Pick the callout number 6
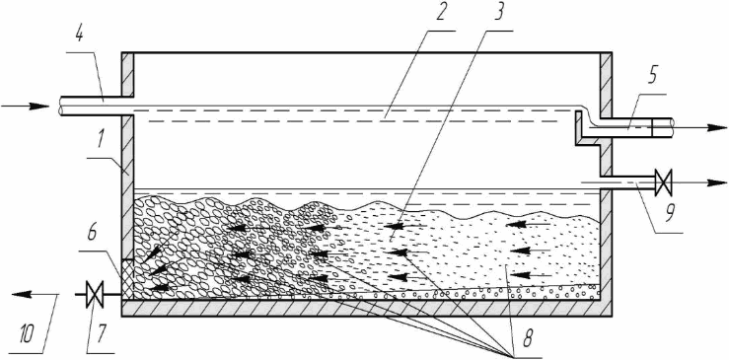point(92,234)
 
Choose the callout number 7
point(101,332)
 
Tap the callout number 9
point(671,214)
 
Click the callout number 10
point(29,333)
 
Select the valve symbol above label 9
point(662,182)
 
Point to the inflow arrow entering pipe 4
point(25,107)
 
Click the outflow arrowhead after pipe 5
point(716,128)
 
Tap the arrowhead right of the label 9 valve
point(716,182)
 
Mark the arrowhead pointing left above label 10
point(22,294)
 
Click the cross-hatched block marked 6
point(127,278)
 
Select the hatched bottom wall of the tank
point(366,308)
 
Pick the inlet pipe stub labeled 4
point(98,107)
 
